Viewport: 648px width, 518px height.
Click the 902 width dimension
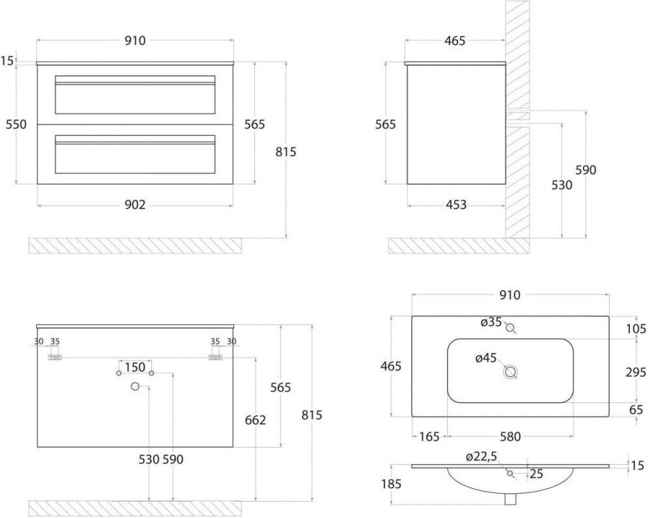[x=135, y=205]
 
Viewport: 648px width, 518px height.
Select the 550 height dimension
[x=16, y=124]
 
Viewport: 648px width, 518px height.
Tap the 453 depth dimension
[x=456, y=205]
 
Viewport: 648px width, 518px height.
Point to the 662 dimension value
[x=256, y=420]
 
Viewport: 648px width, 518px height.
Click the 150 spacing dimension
[x=135, y=367]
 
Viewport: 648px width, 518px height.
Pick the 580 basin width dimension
[x=510, y=436]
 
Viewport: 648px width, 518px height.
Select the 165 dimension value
[x=429, y=436]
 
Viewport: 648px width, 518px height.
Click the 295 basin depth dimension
[x=636, y=372]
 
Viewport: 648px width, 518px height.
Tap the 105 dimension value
[x=636, y=329]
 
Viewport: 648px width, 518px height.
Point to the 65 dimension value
[x=636, y=409]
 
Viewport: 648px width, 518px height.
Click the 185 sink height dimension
[x=391, y=484]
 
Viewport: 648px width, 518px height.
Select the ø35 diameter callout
[x=491, y=322]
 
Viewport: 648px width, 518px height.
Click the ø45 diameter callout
[x=485, y=358]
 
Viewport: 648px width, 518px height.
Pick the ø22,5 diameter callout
[x=481, y=456]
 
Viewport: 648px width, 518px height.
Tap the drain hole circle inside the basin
[x=511, y=372]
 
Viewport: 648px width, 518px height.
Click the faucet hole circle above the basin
[x=510, y=328]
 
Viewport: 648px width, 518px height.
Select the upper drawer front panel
[x=135, y=94]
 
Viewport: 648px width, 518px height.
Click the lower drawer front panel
[x=135, y=155]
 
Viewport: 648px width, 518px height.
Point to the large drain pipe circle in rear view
[x=135, y=386]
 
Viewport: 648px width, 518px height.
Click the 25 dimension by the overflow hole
[x=536, y=474]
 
